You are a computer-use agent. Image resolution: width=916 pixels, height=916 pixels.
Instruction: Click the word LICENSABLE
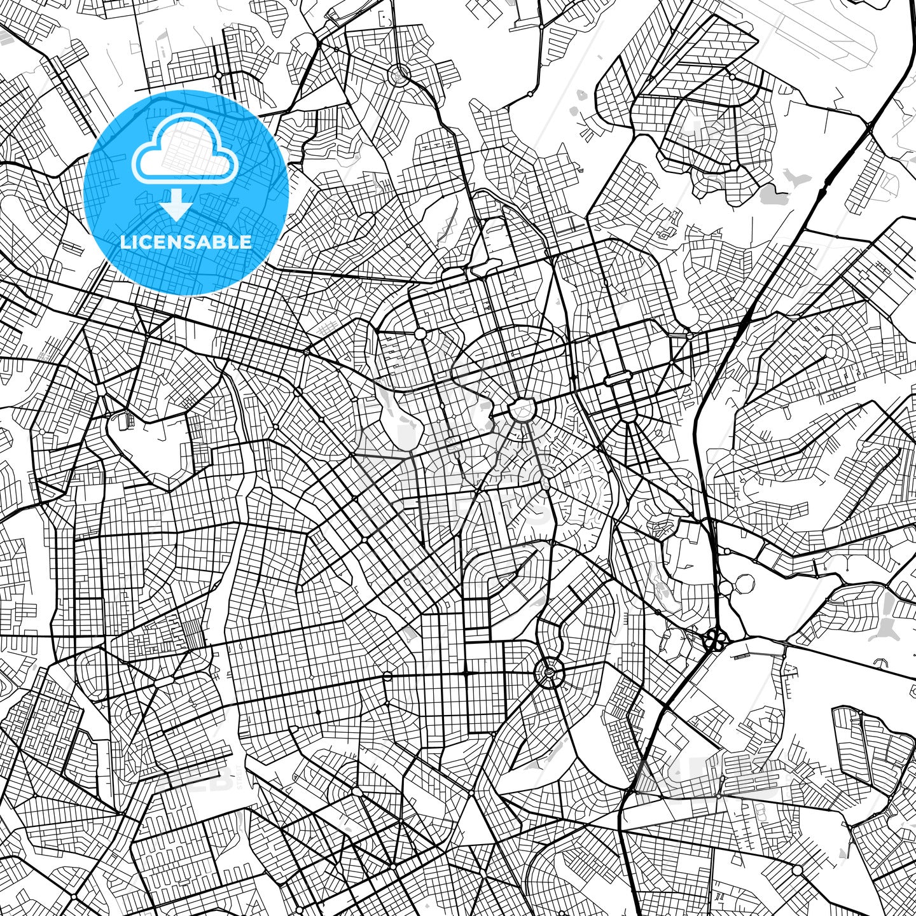[186, 242]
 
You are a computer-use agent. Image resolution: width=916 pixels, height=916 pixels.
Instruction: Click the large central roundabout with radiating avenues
[521, 409]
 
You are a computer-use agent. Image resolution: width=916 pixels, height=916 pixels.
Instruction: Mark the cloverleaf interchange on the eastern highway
[714, 639]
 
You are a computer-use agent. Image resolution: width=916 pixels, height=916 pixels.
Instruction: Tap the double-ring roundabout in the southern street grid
[549, 670]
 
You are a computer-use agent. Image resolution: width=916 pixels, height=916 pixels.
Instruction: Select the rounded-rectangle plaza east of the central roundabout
[617, 380]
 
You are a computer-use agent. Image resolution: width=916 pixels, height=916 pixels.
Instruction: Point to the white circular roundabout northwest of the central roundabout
[420, 333]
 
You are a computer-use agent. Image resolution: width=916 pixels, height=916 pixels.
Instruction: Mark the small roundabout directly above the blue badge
[218, 75]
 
